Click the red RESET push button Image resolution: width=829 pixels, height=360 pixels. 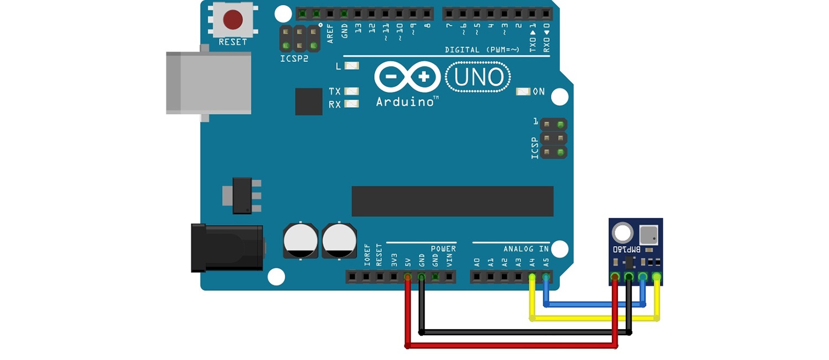click(x=233, y=20)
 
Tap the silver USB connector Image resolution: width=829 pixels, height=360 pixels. click(x=208, y=83)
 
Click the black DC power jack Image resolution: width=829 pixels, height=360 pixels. click(x=227, y=247)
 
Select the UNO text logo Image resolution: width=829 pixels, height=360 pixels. click(x=479, y=77)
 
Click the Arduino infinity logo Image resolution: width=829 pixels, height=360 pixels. click(x=407, y=77)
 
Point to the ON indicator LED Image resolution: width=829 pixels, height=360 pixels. click(x=523, y=92)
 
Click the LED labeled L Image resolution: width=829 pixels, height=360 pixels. click(x=351, y=66)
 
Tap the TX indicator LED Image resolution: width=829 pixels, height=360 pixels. click(x=351, y=91)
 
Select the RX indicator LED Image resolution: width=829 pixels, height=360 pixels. click(x=351, y=104)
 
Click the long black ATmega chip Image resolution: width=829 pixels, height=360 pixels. click(x=452, y=201)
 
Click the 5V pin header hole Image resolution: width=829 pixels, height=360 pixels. click(x=408, y=276)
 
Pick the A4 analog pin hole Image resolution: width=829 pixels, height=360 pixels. click(x=532, y=276)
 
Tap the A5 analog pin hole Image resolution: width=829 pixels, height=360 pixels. click(x=546, y=276)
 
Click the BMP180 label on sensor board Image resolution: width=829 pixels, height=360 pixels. click(x=627, y=249)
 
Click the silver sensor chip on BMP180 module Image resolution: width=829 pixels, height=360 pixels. click(x=648, y=234)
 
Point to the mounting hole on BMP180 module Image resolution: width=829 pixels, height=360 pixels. click(x=623, y=233)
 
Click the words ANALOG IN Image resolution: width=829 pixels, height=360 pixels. click(x=526, y=249)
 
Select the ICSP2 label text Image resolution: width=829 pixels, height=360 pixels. click(x=293, y=59)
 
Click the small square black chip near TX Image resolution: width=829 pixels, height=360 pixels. click(x=308, y=102)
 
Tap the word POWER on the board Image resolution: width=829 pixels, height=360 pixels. click(x=443, y=249)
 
